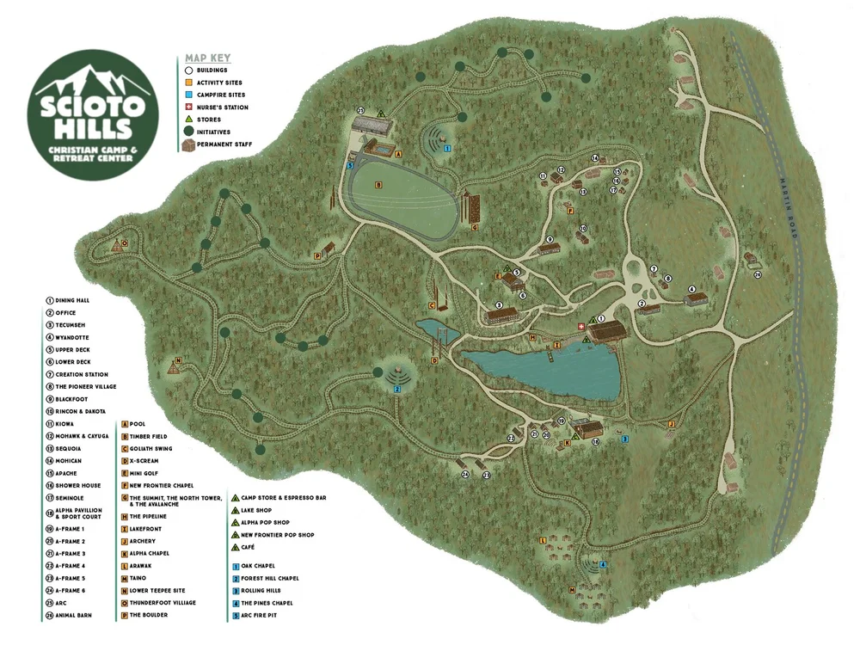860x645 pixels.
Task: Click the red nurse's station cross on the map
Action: [x=580, y=327]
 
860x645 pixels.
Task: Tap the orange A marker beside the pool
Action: [x=397, y=154]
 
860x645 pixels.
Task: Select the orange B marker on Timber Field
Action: [x=378, y=185]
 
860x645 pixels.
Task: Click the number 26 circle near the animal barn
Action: [x=758, y=275]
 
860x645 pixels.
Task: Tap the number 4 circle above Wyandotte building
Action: [x=691, y=289]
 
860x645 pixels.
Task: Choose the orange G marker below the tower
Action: [x=474, y=227]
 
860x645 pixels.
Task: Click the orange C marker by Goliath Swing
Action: [x=432, y=304]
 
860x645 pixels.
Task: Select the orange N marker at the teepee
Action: [x=178, y=360]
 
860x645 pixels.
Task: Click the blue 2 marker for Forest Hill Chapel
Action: [x=397, y=389]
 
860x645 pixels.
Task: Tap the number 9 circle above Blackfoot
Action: [x=549, y=239]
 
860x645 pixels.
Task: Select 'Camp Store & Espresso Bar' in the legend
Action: [x=283, y=498]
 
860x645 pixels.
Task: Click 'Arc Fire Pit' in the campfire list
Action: [x=261, y=615]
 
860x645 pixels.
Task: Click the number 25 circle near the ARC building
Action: [x=360, y=111]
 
